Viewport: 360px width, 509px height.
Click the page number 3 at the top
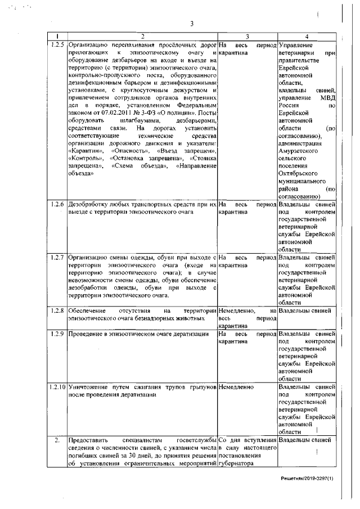(192, 23)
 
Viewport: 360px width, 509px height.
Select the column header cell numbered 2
(142, 37)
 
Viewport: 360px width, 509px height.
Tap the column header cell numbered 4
(307, 37)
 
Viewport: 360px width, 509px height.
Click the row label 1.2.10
(57, 388)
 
